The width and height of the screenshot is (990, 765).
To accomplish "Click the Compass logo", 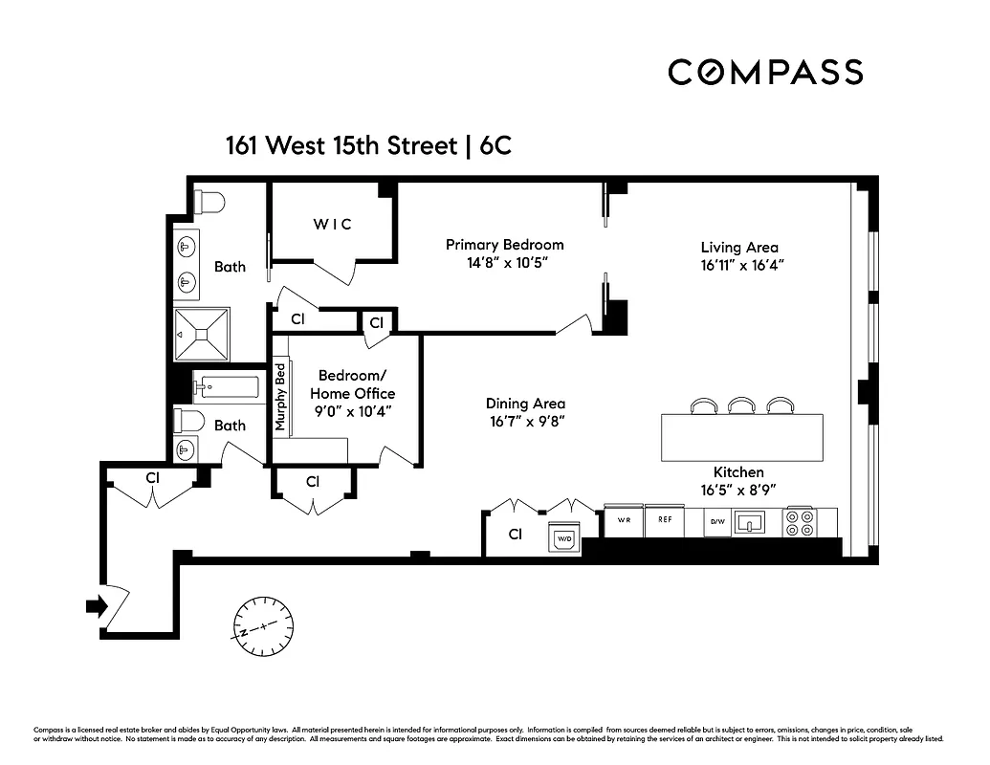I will point(765,72).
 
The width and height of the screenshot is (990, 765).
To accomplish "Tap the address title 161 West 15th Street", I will point(340,146).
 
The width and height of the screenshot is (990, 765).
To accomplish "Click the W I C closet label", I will point(333,224).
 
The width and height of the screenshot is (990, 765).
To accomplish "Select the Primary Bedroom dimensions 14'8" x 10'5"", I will point(504,262).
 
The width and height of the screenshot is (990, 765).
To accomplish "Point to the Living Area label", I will point(739,248).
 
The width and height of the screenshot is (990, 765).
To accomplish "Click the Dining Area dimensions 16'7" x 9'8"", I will point(525,422).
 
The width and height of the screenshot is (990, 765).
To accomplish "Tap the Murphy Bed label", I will point(281,397).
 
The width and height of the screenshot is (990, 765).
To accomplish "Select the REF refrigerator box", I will point(664,521).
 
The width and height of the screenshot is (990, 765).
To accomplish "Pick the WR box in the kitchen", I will point(624,521).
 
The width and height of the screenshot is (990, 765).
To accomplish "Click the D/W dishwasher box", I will point(716,522).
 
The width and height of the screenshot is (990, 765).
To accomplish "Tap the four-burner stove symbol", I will point(801,522).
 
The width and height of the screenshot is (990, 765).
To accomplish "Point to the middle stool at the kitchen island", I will point(742,406).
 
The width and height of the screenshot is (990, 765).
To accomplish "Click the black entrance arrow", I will point(96,605).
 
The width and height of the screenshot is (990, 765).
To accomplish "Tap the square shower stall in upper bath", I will point(202,335).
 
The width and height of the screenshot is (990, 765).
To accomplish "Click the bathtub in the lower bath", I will point(226,387).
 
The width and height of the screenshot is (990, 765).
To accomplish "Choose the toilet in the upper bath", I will point(209,203).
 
